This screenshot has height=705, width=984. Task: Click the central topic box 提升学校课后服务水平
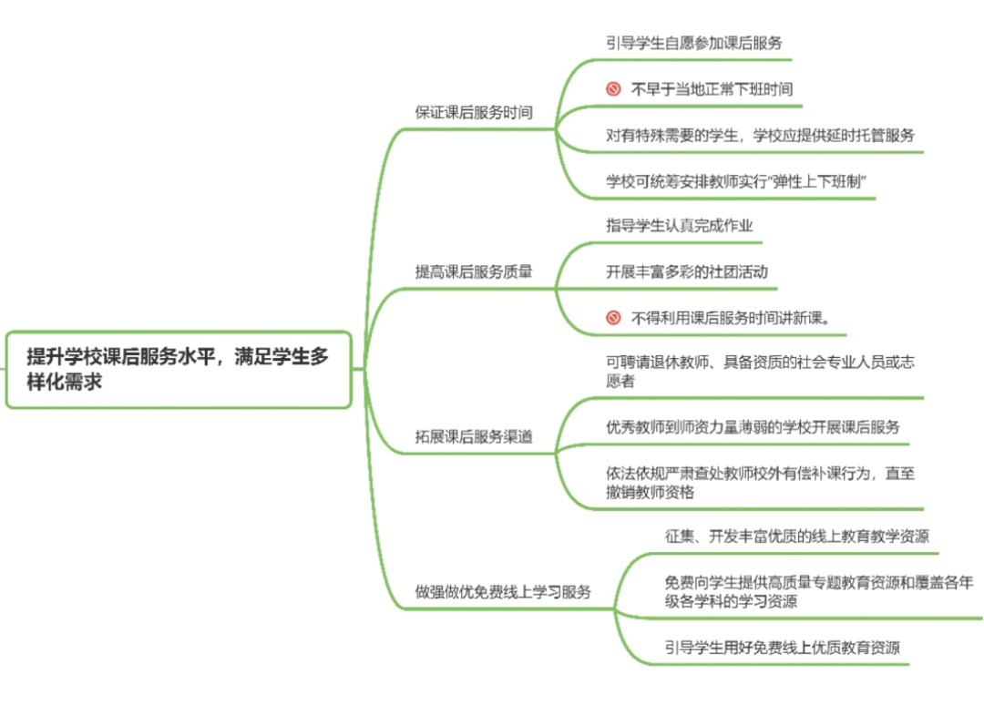pos(178,369)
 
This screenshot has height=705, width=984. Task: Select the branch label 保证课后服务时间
pos(474,113)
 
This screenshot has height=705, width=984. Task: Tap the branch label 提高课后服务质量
pos(474,271)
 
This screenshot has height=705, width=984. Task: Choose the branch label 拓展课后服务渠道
pos(474,436)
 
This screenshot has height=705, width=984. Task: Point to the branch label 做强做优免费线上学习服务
pos(503,592)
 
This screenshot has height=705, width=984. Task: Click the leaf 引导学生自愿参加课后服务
pos(694,42)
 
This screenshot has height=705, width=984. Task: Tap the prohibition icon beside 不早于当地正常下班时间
pos(613,89)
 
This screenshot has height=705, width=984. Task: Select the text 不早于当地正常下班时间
pos(712,89)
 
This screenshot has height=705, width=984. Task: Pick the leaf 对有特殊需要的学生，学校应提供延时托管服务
pos(760,135)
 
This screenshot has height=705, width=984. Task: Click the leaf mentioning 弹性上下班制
pos(735,181)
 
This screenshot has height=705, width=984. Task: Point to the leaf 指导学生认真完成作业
pos(680,226)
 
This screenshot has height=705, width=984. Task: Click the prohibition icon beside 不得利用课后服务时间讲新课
pos(613,318)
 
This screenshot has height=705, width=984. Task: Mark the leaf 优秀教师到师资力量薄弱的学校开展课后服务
pos(753,427)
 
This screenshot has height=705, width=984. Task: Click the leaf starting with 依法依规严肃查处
pos(760,483)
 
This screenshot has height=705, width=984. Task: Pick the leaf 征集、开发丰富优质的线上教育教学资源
pos(796,536)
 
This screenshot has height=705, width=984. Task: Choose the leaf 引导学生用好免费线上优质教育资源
pos(782,649)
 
